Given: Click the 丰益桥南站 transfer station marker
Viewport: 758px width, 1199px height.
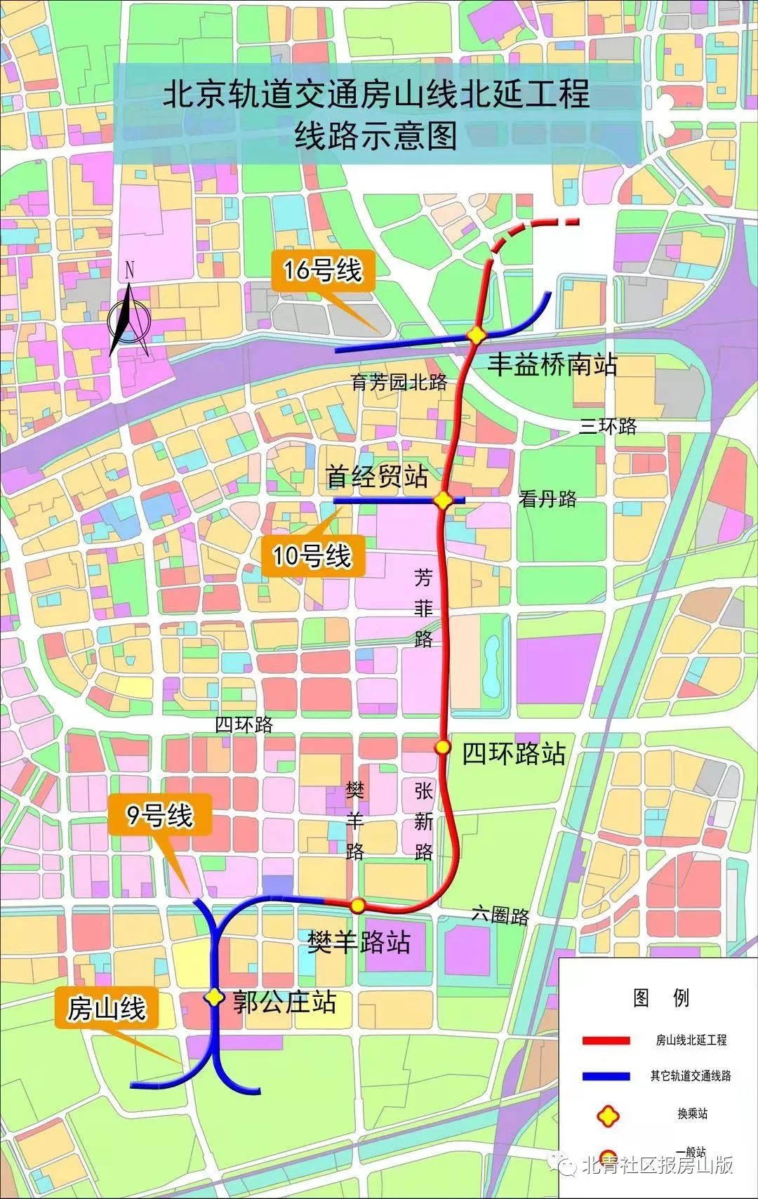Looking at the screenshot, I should coord(477,336).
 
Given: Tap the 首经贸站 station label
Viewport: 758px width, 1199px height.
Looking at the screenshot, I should coord(377,477).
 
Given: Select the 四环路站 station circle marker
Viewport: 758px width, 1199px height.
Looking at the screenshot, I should coord(442,747).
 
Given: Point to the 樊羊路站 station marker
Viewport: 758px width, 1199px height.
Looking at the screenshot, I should coord(357,906).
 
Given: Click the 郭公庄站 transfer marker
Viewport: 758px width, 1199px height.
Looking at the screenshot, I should coord(214,997).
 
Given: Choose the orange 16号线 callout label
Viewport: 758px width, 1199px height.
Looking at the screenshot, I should coord(322,270).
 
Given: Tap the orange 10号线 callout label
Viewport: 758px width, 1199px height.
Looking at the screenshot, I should coord(312,556).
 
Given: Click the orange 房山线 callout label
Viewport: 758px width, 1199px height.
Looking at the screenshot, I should coord(107,1009).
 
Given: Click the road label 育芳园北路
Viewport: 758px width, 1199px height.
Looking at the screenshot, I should coord(399,383).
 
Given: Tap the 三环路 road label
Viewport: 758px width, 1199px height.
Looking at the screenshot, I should coord(608,425).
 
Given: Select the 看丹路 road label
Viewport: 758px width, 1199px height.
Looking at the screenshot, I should coord(547,498).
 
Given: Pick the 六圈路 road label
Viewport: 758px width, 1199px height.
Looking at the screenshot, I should coord(500,915).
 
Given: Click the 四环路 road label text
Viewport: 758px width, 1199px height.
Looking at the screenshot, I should coord(244,724).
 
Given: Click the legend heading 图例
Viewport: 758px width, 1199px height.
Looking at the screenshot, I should coord(661,998).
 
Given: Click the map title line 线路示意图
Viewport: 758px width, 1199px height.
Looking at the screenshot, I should coord(376,135).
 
